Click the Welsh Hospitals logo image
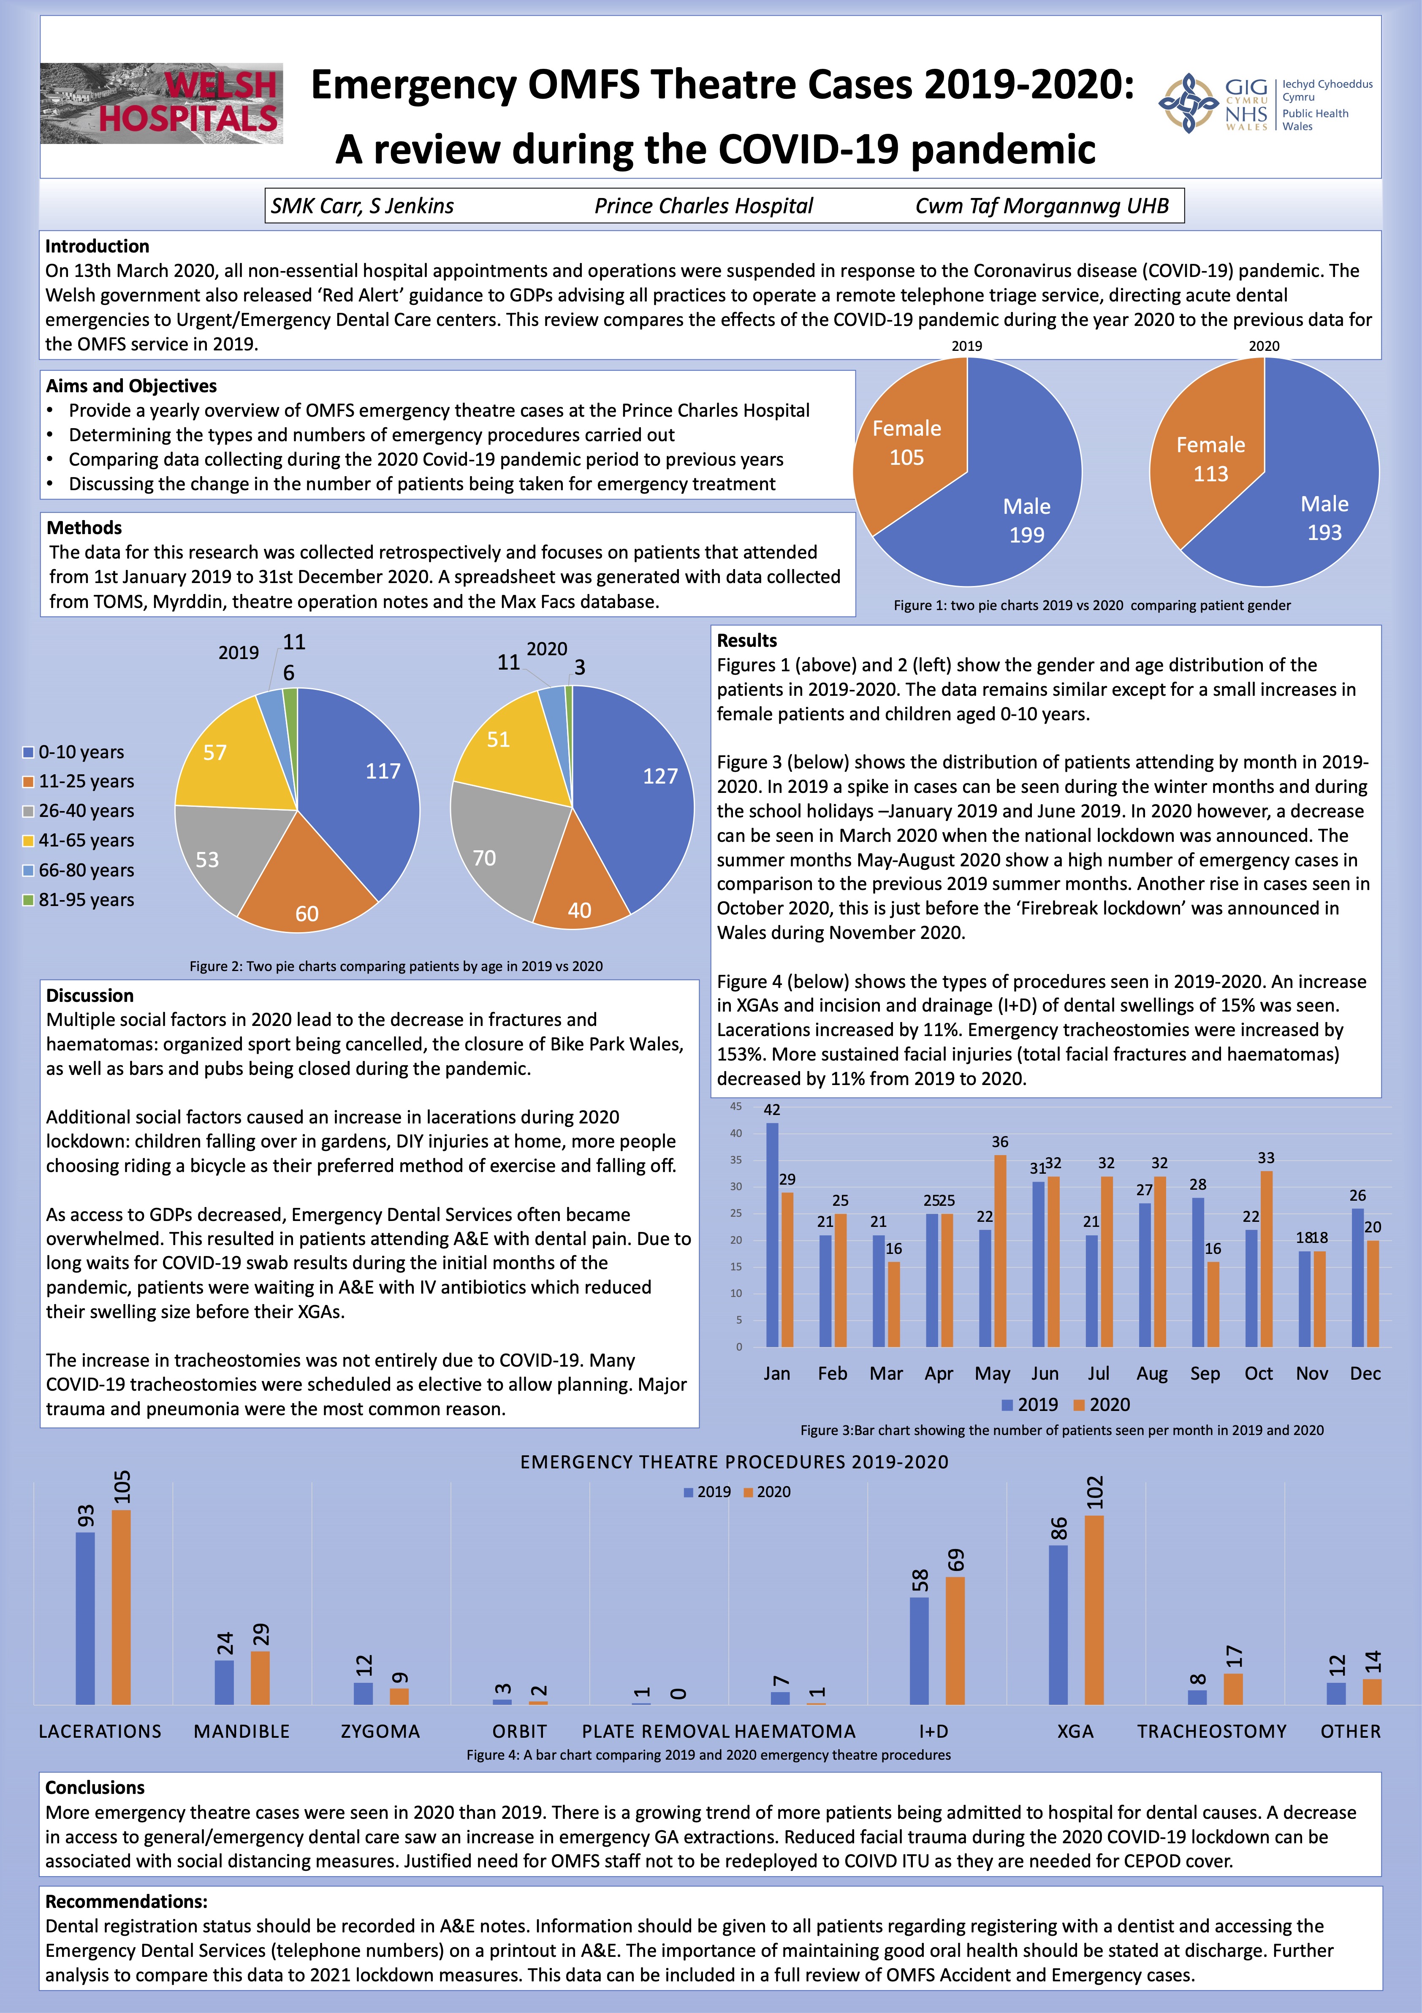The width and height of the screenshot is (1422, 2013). (x=161, y=103)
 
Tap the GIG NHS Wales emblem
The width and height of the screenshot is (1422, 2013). (x=1188, y=103)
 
